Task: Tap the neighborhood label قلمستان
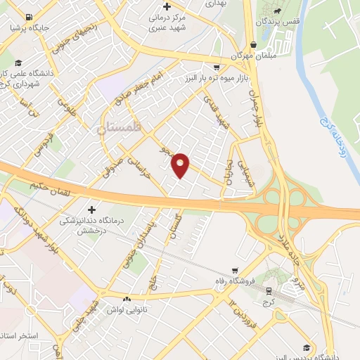pos(119,128)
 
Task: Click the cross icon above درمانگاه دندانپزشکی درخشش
pos(91,209)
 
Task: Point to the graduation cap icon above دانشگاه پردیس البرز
pos(307,347)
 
